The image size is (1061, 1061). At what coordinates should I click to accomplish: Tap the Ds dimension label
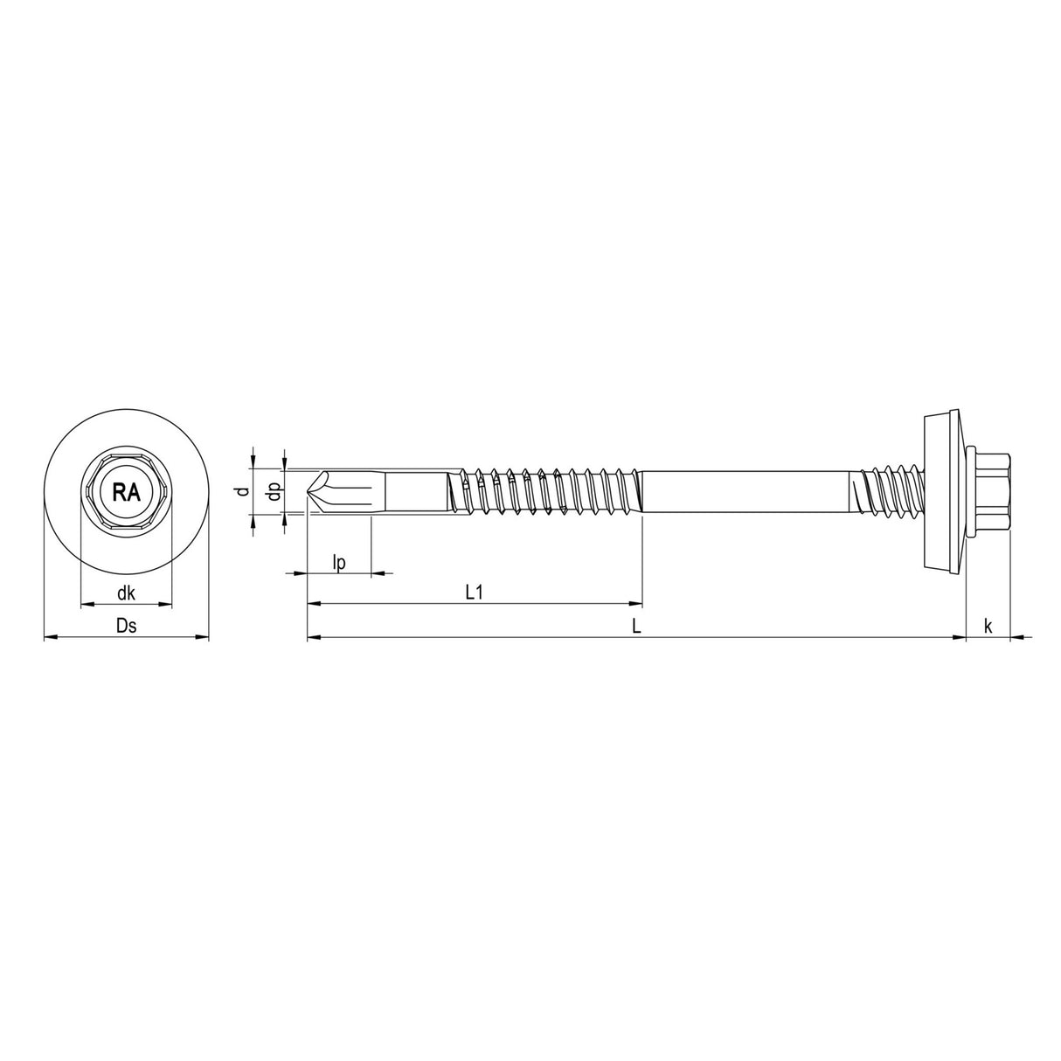(126, 626)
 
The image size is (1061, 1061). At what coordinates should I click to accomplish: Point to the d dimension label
(246, 491)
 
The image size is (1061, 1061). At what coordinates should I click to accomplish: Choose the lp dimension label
(340, 563)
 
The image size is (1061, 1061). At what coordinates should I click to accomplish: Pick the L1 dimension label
(475, 593)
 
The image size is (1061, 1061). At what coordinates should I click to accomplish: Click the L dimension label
(637, 626)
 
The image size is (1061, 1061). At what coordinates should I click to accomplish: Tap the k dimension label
(988, 626)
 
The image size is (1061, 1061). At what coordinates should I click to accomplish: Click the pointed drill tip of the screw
(311, 492)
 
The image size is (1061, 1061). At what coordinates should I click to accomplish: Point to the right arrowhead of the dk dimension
(166, 604)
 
